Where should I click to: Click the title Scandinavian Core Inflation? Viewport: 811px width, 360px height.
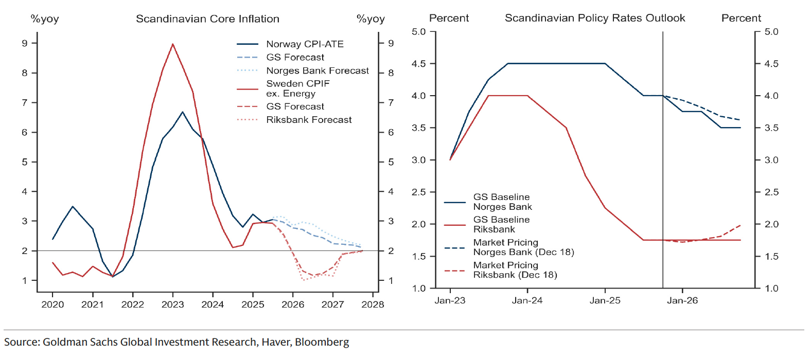click(x=207, y=19)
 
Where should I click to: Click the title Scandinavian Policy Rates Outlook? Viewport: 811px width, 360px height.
click(x=594, y=18)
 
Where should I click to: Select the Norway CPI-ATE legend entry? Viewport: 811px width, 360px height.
click(x=305, y=44)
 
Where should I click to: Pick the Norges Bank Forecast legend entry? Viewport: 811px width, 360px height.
click(x=317, y=70)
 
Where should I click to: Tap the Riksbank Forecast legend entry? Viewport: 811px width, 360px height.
click(x=309, y=120)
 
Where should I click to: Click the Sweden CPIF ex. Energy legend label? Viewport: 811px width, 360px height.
click(x=298, y=88)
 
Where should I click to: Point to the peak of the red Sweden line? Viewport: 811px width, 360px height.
click(x=173, y=44)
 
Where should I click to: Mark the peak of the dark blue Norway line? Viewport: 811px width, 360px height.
click(x=182, y=112)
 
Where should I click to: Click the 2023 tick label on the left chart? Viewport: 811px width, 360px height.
click(x=172, y=304)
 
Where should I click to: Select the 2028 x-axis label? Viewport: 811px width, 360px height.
click(x=373, y=304)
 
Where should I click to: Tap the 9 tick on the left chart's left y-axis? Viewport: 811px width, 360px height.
click(x=25, y=43)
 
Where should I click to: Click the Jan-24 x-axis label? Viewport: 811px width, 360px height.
click(x=527, y=300)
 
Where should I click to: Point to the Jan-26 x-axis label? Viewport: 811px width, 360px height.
click(x=682, y=300)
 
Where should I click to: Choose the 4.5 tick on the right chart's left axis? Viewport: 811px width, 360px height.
click(x=419, y=64)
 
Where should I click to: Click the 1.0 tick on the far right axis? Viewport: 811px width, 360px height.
click(x=771, y=289)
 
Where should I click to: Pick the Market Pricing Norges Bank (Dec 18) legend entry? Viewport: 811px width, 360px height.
click(x=523, y=247)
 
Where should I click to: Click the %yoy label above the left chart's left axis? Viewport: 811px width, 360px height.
click(x=45, y=19)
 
